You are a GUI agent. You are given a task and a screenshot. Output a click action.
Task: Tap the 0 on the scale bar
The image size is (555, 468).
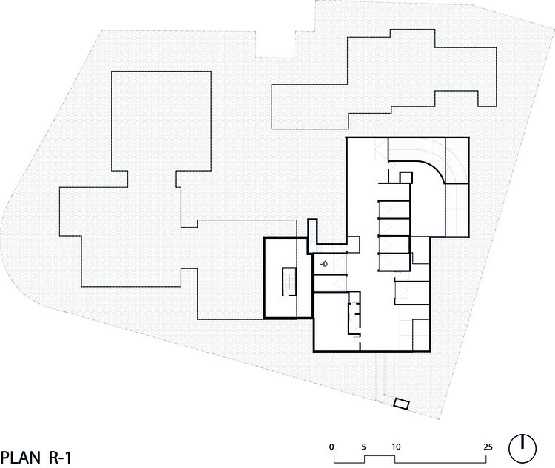(x=332, y=447)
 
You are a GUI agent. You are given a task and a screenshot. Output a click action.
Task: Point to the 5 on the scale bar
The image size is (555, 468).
(x=363, y=447)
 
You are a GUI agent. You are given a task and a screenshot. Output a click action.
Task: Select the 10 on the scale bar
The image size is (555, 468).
(x=396, y=447)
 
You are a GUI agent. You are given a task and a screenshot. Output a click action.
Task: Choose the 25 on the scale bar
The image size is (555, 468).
(x=488, y=447)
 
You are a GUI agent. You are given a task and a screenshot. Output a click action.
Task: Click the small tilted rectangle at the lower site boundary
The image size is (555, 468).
(x=402, y=404)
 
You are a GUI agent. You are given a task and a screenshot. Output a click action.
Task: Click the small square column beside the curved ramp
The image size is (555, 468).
(x=406, y=177)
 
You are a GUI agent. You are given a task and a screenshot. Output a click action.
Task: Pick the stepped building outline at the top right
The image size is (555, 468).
(x=385, y=81)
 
